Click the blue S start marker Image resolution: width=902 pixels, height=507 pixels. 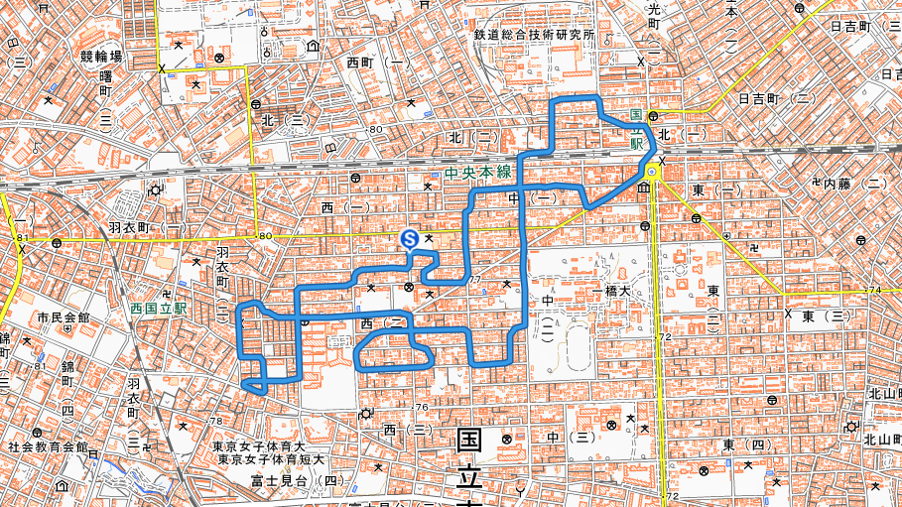click(408, 239)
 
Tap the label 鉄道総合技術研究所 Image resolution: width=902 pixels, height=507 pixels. click(534, 35)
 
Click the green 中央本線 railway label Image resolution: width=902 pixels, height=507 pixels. click(478, 173)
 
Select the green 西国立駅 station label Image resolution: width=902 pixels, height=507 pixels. click(159, 309)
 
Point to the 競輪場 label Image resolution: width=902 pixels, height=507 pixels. click(101, 57)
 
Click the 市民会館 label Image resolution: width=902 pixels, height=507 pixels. click(64, 318)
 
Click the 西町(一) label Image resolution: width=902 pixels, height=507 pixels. click(378, 63)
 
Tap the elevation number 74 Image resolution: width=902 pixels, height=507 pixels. click(874, 290)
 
